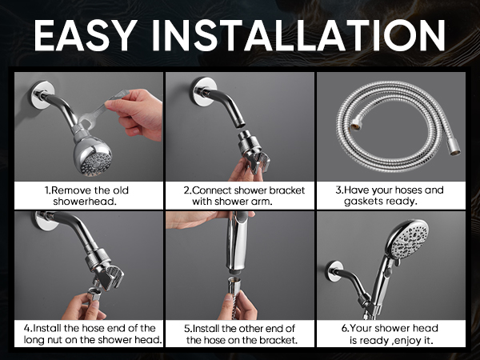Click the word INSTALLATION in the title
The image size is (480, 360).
coord(298,35)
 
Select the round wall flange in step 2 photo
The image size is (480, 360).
coord(203,91)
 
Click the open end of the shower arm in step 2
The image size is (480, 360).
coord(240,125)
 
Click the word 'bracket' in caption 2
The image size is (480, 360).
coord(287,190)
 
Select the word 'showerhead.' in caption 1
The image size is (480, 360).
coord(85,202)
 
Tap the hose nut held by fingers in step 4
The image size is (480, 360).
coord(95,294)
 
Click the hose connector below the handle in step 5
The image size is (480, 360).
coord(235,286)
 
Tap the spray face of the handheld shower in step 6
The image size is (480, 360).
coord(410,238)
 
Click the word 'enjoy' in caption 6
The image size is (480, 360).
coord(408,341)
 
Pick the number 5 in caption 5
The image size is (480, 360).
coord(186,329)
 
